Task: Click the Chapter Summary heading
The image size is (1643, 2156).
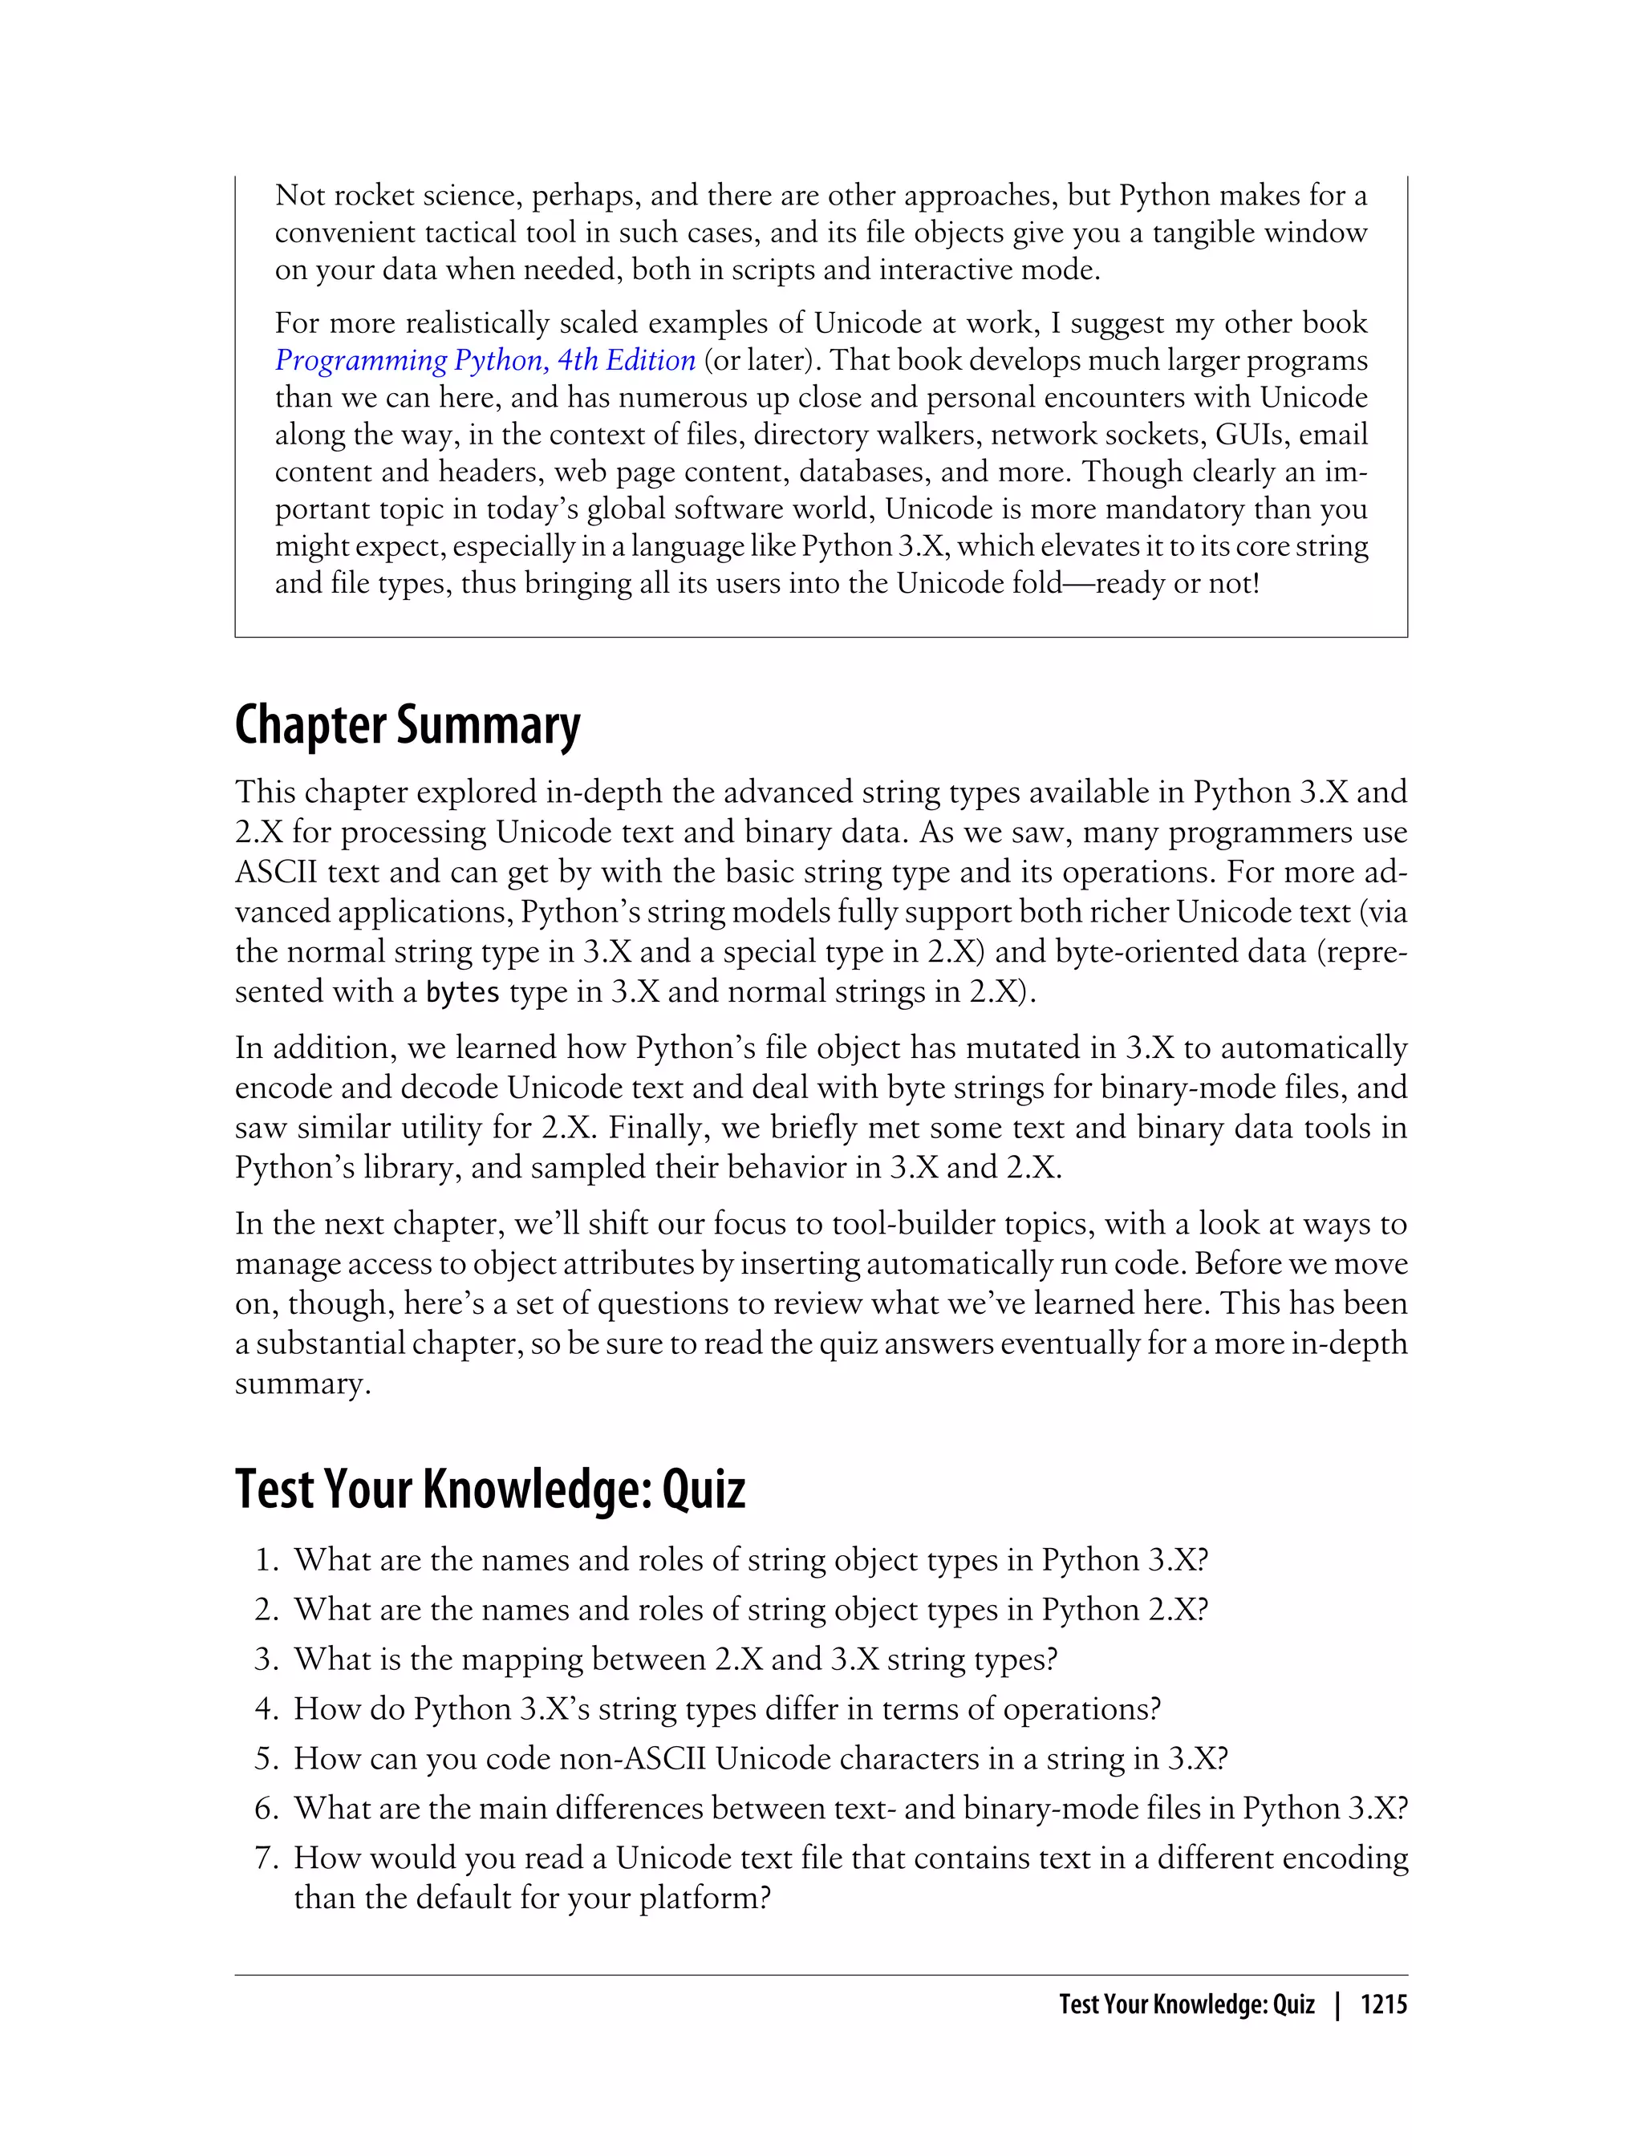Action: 407,727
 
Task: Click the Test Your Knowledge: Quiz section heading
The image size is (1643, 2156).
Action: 490,1490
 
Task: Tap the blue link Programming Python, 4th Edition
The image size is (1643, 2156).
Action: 485,361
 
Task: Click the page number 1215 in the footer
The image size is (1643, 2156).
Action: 1383,2004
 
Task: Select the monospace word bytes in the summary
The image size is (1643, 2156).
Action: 464,992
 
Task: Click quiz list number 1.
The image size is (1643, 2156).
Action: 267,1561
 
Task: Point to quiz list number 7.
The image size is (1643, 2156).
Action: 267,1858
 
